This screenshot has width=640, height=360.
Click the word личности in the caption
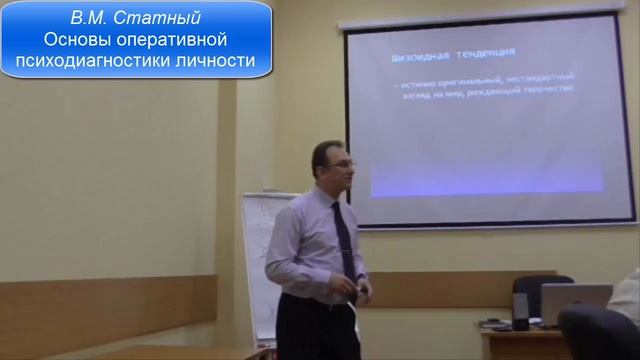223,62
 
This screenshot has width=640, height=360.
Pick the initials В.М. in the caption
92,18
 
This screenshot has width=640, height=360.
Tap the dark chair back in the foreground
601,334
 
